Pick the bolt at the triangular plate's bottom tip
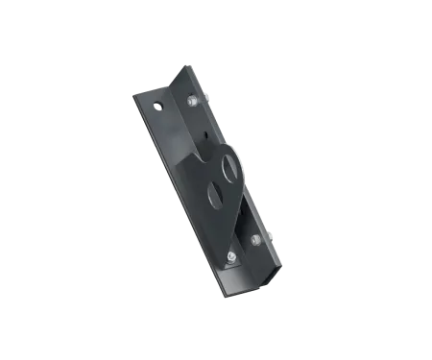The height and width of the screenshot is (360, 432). click(x=232, y=256)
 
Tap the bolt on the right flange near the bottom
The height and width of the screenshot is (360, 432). click(x=255, y=238)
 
